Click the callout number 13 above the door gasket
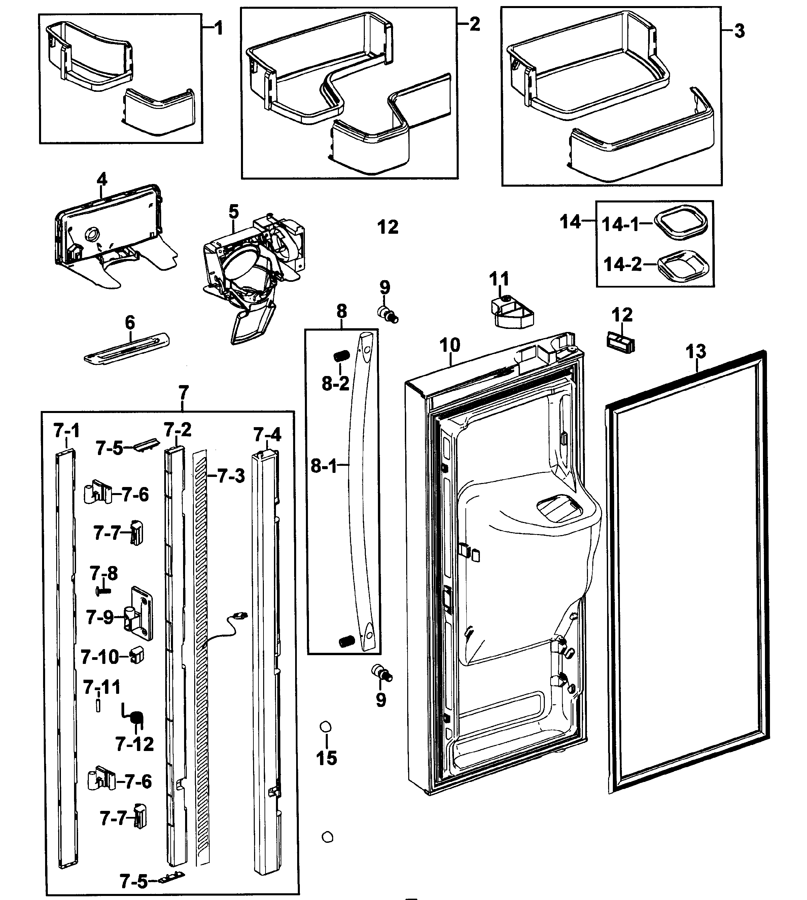pos(695,351)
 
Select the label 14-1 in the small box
pos(620,225)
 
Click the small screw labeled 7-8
pos(102,590)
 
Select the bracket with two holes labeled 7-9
pos(138,613)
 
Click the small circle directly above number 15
pos(326,727)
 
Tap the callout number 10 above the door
pos(450,345)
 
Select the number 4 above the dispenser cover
pos(102,180)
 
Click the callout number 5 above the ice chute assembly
pos(234,211)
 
